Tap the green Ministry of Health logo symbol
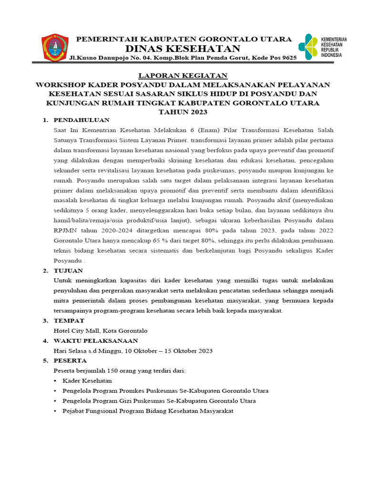(x=308, y=47)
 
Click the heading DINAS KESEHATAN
(x=183, y=49)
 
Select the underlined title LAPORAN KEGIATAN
(x=183, y=75)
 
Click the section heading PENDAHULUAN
(x=81, y=120)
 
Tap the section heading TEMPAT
(x=69, y=321)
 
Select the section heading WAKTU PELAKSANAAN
(x=96, y=341)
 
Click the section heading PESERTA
(x=70, y=361)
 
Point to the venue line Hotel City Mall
(x=101, y=331)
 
